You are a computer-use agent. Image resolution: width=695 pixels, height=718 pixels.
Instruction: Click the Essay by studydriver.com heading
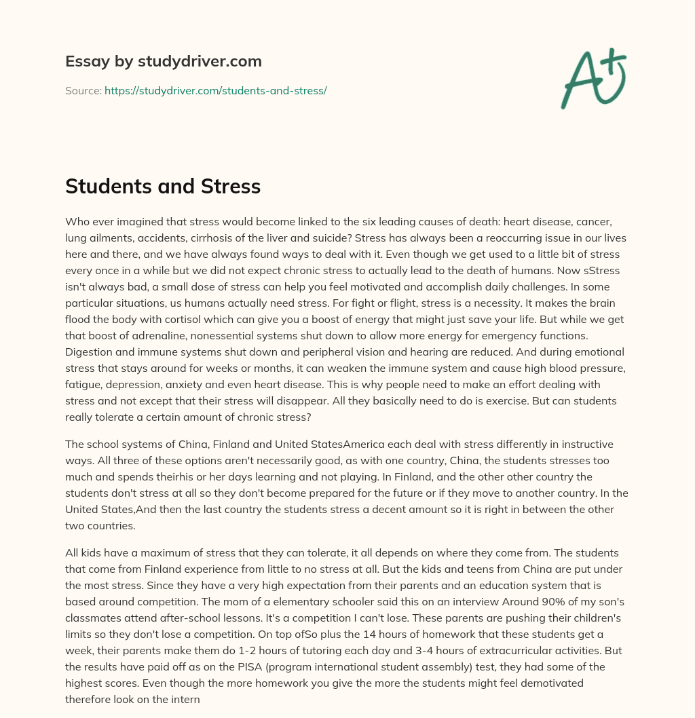pyautogui.click(x=164, y=61)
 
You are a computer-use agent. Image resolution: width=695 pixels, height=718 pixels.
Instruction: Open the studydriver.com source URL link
pyautogui.click(x=216, y=90)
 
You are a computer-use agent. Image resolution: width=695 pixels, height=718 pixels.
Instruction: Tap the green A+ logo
pyautogui.click(x=593, y=77)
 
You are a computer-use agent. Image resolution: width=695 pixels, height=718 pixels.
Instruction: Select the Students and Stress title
pyautogui.click(x=163, y=187)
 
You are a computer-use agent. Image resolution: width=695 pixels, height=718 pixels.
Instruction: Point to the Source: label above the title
pyautogui.click(x=83, y=90)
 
